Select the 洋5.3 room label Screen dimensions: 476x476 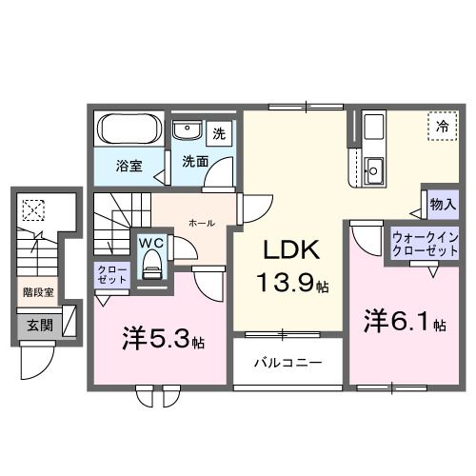pyautogui.click(x=164, y=338)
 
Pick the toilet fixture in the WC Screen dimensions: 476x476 pyautogui.click(x=151, y=267)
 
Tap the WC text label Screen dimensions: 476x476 pyautogui.click(x=152, y=243)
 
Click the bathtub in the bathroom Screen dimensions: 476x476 pyautogui.click(x=129, y=129)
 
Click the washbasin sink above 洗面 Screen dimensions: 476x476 pyautogui.click(x=186, y=131)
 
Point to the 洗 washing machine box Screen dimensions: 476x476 pyautogui.click(x=219, y=133)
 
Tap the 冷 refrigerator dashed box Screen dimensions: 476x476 pyautogui.click(x=442, y=126)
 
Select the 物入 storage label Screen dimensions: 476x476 pyautogui.click(x=442, y=203)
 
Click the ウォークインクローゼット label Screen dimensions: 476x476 pyautogui.click(x=425, y=244)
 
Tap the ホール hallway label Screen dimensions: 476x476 pyautogui.click(x=201, y=223)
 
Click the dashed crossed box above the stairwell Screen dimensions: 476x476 pyautogui.click(x=35, y=208)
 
